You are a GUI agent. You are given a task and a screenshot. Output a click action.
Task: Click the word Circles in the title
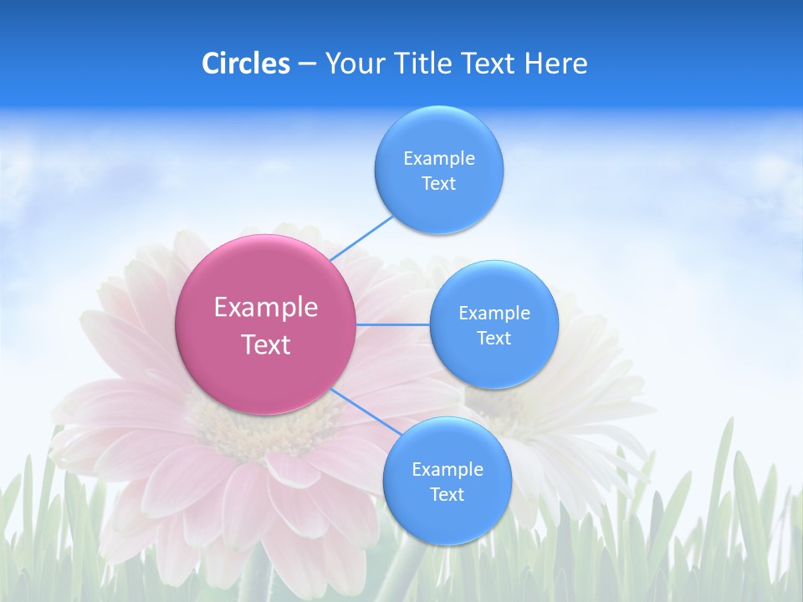pos(246,64)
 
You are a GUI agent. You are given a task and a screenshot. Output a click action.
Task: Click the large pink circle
pos(266,324)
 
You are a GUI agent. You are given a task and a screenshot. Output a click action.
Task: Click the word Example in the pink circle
pos(266,308)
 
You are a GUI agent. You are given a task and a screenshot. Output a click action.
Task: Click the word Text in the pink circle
pos(266,344)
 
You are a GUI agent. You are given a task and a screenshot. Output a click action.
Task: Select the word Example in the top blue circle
pos(439,159)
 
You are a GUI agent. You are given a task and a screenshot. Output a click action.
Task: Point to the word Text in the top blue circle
pos(439,184)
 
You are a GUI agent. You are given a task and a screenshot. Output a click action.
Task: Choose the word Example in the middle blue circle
pos(494,314)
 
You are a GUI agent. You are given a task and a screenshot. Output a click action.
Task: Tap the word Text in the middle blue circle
pos(494,339)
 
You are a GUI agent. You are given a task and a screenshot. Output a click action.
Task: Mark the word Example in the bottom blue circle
pos(448,470)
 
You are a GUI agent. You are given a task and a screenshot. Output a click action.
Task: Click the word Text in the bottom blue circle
pos(448,495)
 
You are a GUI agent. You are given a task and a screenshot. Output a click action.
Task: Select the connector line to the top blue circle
pos(361,237)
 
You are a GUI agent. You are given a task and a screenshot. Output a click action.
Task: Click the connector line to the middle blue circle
pos(393,324)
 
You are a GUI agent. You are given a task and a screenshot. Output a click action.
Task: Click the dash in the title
pos(307,64)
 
